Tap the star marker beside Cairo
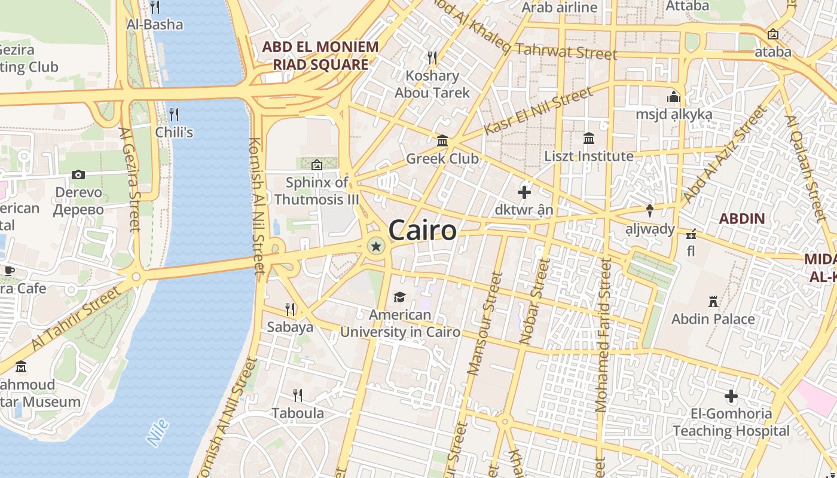click(375, 246)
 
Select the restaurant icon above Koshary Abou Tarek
click(432, 58)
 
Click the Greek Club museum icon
click(442, 141)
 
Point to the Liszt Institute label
click(588, 157)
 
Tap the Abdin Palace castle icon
click(713, 301)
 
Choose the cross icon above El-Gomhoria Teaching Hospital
click(731, 396)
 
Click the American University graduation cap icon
click(399, 297)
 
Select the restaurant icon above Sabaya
click(290, 309)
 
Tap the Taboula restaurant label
click(298, 413)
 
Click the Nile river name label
click(158, 433)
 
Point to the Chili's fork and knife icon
click(174, 114)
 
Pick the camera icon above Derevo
click(78, 174)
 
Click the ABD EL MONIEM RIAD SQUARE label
click(320, 56)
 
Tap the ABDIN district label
click(741, 219)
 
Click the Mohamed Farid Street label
click(602, 335)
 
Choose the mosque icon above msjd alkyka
click(673, 97)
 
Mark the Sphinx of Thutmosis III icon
click(316, 164)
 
